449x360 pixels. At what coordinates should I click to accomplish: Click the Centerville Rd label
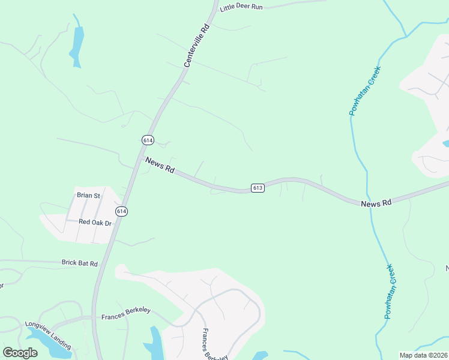click(x=197, y=45)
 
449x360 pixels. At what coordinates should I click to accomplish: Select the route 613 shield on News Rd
click(x=258, y=188)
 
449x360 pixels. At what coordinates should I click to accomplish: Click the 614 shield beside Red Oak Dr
click(x=122, y=211)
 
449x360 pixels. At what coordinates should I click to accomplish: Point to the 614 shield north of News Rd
click(x=148, y=140)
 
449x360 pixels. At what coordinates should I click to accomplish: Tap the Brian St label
click(x=88, y=195)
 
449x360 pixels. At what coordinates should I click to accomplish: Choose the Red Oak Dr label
click(x=95, y=223)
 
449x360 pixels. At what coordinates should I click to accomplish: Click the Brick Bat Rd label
click(x=79, y=263)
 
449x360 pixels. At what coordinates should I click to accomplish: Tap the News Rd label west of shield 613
click(x=160, y=166)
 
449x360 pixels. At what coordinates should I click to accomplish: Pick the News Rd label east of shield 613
click(x=376, y=203)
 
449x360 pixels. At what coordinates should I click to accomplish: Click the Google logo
click(x=20, y=353)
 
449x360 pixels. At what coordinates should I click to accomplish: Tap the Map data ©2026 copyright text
click(x=423, y=355)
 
